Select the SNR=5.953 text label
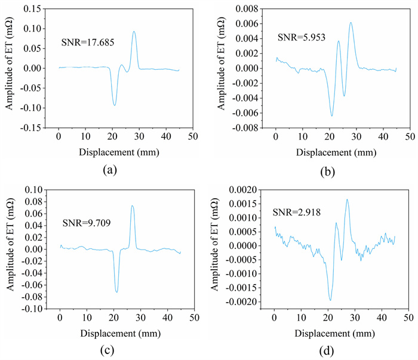[301, 37]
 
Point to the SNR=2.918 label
[296, 212]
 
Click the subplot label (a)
[109, 170]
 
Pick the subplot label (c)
[109, 348]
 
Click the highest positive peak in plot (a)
[134, 32]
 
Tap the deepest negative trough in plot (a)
[114, 105]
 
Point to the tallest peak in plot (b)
[351, 23]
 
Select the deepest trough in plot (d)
[330, 300]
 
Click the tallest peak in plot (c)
[132, 206]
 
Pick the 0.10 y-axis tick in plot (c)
[37, 189]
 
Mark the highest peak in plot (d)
[347, 199]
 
